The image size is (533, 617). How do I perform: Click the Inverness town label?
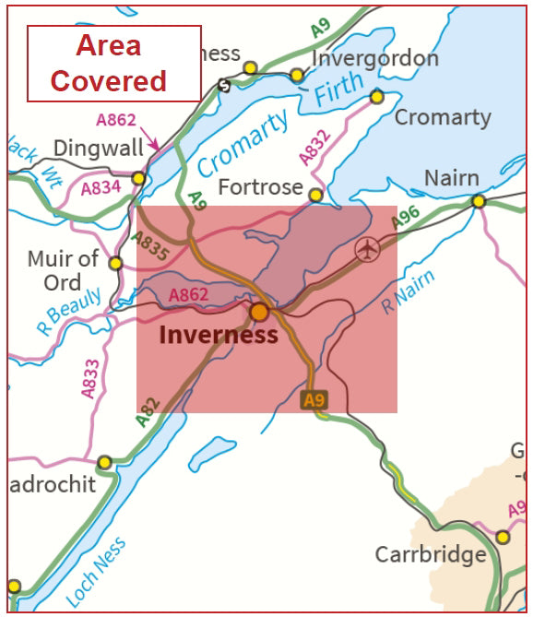tap(218, 334)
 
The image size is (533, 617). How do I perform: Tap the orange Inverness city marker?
tap(259, 312)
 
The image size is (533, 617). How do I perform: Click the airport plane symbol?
tap(367, 249)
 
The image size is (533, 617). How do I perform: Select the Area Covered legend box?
tap(113, 63)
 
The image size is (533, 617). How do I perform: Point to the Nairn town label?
tap(452, 177)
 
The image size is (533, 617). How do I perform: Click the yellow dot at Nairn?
tap(479, 201)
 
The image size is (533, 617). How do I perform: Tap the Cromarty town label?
tap(443, 117)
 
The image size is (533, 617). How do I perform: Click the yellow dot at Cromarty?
tap(376, 96)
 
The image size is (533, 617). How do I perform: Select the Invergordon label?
tap(375, 58)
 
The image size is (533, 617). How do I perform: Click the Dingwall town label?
tap(99, 148)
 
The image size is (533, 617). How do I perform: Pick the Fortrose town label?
tap(261, 187)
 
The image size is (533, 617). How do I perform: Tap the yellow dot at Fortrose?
tap(315, 195)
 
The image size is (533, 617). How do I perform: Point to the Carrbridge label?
tap(430, 554)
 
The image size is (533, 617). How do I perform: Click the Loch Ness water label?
tap(97, 572)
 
